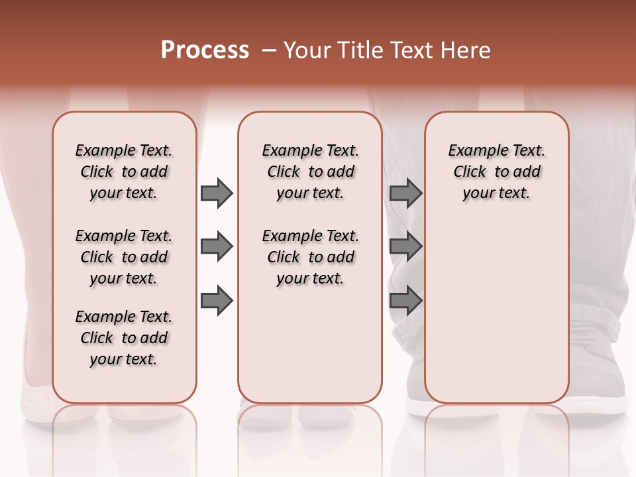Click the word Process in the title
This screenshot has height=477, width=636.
pos(205,50)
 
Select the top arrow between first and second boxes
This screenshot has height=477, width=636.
pos(217,193)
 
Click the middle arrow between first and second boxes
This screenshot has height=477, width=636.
pos(217,247)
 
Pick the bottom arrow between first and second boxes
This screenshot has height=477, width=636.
pos(217,301)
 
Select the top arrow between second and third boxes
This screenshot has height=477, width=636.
pos(405,193)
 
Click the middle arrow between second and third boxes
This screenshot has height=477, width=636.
pos(405,247)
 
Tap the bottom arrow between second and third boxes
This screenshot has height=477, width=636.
pos(405,301)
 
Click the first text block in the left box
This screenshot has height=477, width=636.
pos(124,172)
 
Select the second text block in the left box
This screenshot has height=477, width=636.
pos(124,257)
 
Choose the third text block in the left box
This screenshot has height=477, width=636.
pos(124,338)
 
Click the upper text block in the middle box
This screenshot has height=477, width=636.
pos(310,172)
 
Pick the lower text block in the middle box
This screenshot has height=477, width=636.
pos(310,257)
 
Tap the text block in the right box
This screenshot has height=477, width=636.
pos(496,172)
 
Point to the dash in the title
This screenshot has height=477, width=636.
pos(269,50)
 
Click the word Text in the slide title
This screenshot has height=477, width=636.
pos(410,50)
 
